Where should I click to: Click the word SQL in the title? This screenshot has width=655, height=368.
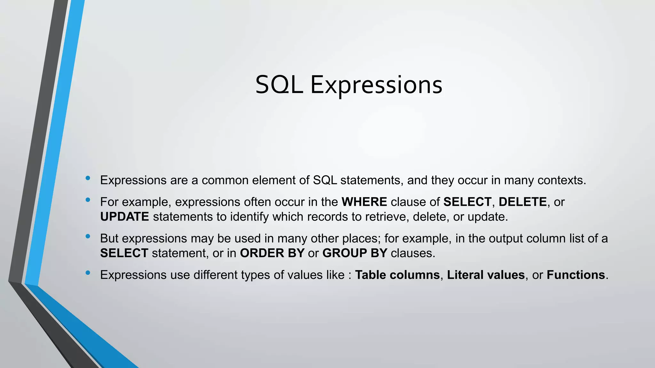[x=279, y=85]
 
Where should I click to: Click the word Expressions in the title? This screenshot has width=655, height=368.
[x=376, y=86]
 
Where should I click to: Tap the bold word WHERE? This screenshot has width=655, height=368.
[x=364, y=202]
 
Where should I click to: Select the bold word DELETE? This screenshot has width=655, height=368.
[x=523, y=202]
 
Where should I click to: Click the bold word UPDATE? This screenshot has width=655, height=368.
[x=124, y=217]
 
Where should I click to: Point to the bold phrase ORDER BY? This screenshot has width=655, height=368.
[x=272, y=253]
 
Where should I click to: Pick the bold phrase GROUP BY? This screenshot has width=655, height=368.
[x=355, y=253]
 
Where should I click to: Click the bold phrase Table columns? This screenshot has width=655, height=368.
[x=397, y=275]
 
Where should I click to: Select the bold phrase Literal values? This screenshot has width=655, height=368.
[x=485, y=275]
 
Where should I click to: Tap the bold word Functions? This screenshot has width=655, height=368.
[x=576, y=275]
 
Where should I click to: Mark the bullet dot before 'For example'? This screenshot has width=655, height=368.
[x=88, y=200]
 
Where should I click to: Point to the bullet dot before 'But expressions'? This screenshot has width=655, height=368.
[x=88, y=236]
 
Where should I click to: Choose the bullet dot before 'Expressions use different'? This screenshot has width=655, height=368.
[x=88, y=273]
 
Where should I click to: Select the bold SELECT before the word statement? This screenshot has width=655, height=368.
[x=124, y=253]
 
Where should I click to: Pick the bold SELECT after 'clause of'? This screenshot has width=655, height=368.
[x=467, y=202]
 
